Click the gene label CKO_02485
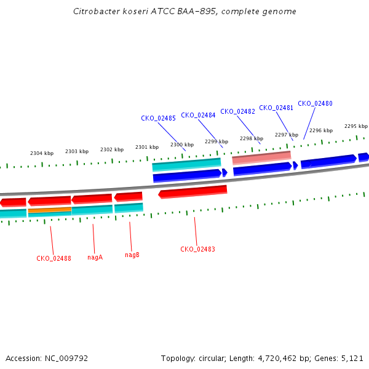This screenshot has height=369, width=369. [x=158, y=118]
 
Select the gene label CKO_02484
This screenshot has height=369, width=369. [x=198, y=115]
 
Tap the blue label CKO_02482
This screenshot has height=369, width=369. [x=237, y=111]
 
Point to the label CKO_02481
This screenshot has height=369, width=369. [x=276, y=108]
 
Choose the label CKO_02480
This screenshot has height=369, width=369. [x=315, y=103]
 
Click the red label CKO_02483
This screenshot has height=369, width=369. [x=197, y=249]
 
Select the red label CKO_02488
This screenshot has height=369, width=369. [x=54, y=258]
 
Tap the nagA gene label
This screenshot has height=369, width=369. [x=95, y=257]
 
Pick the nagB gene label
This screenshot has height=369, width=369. [x=132, y=255]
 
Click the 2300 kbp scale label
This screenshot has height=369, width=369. [x=182, y=145]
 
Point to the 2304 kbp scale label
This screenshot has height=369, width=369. [x=42, y=153]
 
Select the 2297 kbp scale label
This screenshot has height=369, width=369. [x=287, y=135]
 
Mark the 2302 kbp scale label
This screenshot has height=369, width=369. [x=112, y=149]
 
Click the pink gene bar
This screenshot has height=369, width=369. [x=261, y=157]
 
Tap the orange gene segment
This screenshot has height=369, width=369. [x=49, y=210]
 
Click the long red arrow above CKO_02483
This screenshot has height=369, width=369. [x=192, y=192]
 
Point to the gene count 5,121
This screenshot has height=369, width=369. [x=351, y=358]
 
